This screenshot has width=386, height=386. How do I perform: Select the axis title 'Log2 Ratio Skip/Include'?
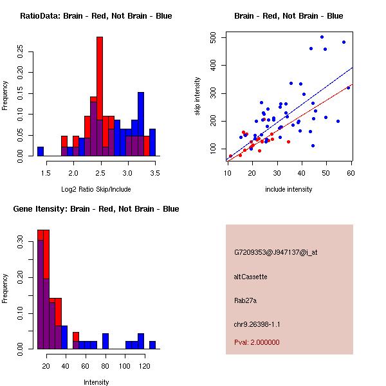(x=96, y=189)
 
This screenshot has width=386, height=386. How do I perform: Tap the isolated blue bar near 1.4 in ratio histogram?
(x=41, y=151)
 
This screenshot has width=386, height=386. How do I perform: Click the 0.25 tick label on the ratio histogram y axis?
(x=19, y=52)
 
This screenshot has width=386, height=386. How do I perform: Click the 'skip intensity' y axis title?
(x=198, y=96)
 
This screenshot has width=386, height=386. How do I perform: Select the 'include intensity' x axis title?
(x=288, y=189)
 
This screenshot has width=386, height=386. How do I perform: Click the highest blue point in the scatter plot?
(x=322, y=37)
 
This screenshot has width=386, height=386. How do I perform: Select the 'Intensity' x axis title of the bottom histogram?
(x=96, y=382)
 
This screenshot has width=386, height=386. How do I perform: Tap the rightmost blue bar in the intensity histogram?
(x=152, y=344)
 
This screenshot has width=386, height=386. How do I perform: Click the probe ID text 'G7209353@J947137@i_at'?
(x=275, y=252)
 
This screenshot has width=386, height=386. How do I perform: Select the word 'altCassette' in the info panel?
(x=250, y=277)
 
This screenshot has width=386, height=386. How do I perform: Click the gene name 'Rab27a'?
(x=246, y=300)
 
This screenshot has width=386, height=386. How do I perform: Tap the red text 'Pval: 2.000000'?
(x=257, y=342)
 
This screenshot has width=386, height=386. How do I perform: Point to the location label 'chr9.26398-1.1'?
(x=257, y=324)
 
